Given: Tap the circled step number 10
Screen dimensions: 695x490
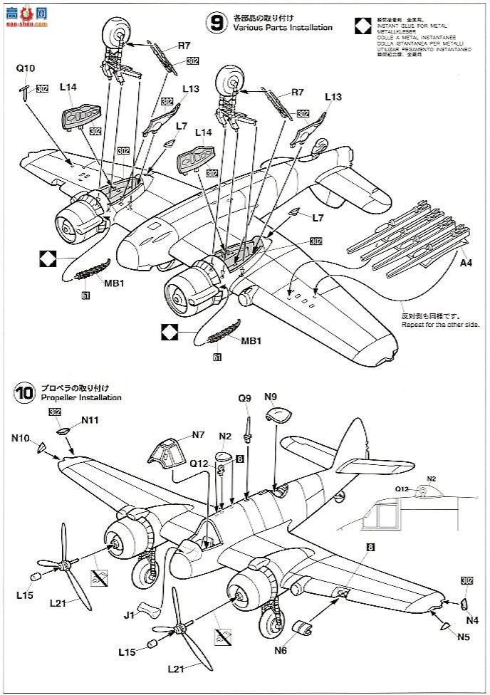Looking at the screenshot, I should [x=24, y=392].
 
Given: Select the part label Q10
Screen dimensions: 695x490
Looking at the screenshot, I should [x=25, y=68].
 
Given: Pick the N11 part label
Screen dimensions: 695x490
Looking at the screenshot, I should [x=90, y=420].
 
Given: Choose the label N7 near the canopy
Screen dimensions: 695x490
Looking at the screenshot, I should [x=198, y=434].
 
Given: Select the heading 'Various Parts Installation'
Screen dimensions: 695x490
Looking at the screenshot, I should [x=277, y=27].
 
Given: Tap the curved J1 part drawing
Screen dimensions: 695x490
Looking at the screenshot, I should [x=147, y=607].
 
